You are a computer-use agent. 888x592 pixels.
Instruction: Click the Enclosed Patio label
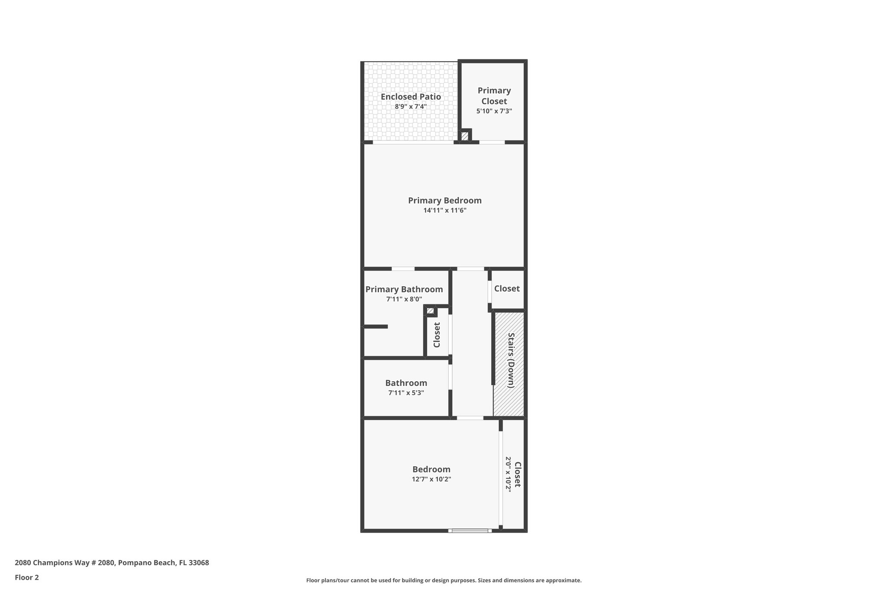click(x=411, y=97)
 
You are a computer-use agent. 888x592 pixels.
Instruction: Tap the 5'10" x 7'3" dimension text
click(x=494, y=111)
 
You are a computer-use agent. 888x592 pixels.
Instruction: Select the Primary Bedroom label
click(x=444, y=201)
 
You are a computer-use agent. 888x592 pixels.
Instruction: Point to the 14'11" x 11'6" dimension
click(x=444, y=211)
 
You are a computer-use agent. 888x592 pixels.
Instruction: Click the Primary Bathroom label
click(x=404, y=289)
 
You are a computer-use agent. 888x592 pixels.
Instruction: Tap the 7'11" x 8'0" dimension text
click(x=404, y=299)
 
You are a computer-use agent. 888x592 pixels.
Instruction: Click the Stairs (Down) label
click(x=511, y=360)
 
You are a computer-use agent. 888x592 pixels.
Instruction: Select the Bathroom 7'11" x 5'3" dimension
click(x=406, y=393)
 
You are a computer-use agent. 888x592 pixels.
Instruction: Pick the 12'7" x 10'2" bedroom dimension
click(x=431, y=479)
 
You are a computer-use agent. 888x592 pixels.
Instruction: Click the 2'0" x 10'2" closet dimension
click(x=508, y=474)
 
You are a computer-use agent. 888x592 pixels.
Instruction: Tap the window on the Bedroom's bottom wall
click(x=470, y=530)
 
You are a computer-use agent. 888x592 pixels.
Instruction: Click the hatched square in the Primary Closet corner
click(x=465, y=136)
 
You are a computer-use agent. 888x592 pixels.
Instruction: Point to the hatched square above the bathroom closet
click(x=430, y=311)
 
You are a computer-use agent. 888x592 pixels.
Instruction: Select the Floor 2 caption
click(x=27, y=577)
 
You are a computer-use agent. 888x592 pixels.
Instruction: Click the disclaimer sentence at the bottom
click(x=444, y=580)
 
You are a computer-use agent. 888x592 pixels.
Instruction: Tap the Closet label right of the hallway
click(x=507, y=289)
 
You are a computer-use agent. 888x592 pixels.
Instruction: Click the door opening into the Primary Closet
click(x=492, y=142)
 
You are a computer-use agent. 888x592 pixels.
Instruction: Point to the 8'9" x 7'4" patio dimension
click(x=411, y=107)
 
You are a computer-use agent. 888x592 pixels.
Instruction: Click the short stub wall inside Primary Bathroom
click(x=375, y=327)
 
